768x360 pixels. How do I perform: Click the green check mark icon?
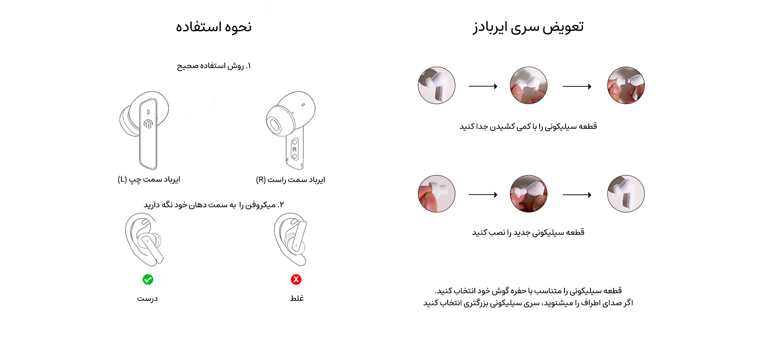pyautogui.click(x=148, y=279)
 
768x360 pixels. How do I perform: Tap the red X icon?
pyautogui.click(x=296, y=279)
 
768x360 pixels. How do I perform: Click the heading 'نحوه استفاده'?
pyautogui.click(x=214, y=27)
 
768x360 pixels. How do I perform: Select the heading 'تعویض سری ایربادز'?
pyautogui.click(x=528, y=27)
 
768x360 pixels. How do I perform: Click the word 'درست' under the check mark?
pyautogui.click(x=147, y=298)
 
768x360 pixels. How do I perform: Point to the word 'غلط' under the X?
pyautogui.click(x=297, y=298)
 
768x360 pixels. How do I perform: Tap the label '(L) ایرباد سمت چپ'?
pyautogui.click(x=149, y=179)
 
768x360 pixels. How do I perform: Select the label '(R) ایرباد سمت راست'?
pyautogui.click(x=290, y=180)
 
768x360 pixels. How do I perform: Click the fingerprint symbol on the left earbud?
pyautogui.click(x=148, y=124)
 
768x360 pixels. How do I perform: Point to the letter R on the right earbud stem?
pyautogui.click(x=295, y=149)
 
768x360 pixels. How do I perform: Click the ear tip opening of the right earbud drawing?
pyautogui.click(x=274, y=125)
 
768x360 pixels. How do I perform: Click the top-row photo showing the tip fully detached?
pyautogui.click(x=626, y=85)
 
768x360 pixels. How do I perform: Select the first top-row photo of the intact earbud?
pyautogui.click(x=436, y=85)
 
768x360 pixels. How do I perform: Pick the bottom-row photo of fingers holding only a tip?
pyautogui.click(x=436, y=194)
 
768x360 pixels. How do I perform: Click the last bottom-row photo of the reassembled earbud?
pyautogui.click(x=626, y=194)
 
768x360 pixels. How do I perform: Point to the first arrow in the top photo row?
pyautogui.click(x=483, y=86)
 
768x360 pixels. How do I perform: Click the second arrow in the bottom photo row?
pyautogui.click(x=577, y=195)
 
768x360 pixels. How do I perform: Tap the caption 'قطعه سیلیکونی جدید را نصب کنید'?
pyautogui.click(x=528, y=232)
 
